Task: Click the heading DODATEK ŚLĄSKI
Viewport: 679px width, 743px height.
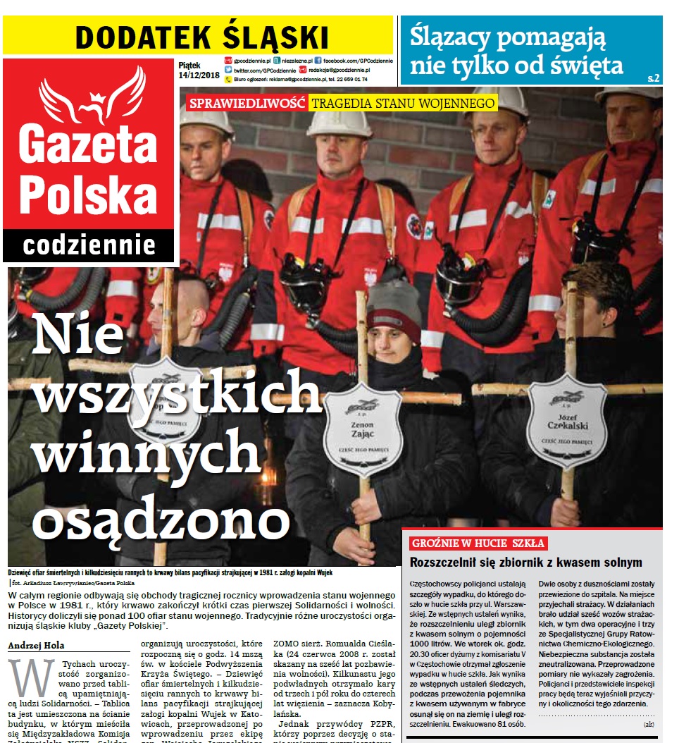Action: tap(201, 37)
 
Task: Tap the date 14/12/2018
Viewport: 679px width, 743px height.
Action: tap(199, 75)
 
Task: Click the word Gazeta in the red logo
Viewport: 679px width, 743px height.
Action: tap(88, 141)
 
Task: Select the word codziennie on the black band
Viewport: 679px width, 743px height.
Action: tap(89, 246)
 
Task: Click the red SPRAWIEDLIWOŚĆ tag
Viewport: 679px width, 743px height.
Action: tap(247, 104)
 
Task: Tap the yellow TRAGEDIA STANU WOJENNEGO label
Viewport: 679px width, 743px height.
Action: tap(404, 104)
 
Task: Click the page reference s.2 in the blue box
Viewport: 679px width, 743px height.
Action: tap(653, 78)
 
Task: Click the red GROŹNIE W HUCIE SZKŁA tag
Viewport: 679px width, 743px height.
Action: tap(478, 544)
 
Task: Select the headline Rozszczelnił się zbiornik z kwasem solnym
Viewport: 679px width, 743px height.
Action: tap(526, 563)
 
